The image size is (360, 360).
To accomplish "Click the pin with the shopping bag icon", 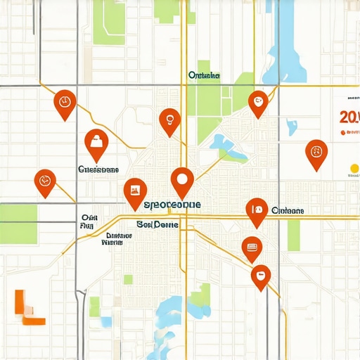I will coord(96,143).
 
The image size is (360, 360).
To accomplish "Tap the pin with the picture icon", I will coord(134,191).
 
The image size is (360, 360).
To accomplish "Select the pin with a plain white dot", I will coord(182,179).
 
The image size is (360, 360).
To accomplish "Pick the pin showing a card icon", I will coord(251,247).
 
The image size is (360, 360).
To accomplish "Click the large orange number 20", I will coord(348,117).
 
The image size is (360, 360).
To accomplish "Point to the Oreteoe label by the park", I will coord(205,75).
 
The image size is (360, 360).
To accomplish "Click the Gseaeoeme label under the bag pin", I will coord(98,169).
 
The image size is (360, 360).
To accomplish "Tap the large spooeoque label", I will coord(172,205).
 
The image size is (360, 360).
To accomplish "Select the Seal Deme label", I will coord(157,224).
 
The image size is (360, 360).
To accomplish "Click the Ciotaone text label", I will coord(287,210).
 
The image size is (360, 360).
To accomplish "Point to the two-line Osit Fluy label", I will coord(88,222).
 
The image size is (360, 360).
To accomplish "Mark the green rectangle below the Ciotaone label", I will coord(293,235).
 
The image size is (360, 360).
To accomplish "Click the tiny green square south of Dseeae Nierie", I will coord(128,279).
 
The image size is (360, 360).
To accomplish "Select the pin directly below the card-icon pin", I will coord(260,276).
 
